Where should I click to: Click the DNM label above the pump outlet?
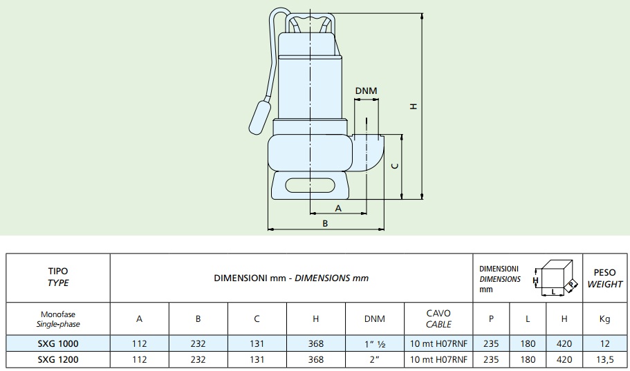click(366, 91)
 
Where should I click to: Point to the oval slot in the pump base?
click(311, 185)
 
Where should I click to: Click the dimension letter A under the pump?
click(338, 209)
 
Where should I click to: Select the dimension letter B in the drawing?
click(326, 224)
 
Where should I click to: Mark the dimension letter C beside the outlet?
click(396, 166)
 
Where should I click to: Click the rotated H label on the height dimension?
click(414, 106)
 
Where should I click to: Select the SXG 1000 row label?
click(58, 343)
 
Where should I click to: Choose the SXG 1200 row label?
click(58, 360)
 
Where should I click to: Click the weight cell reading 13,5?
click(604, 360)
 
